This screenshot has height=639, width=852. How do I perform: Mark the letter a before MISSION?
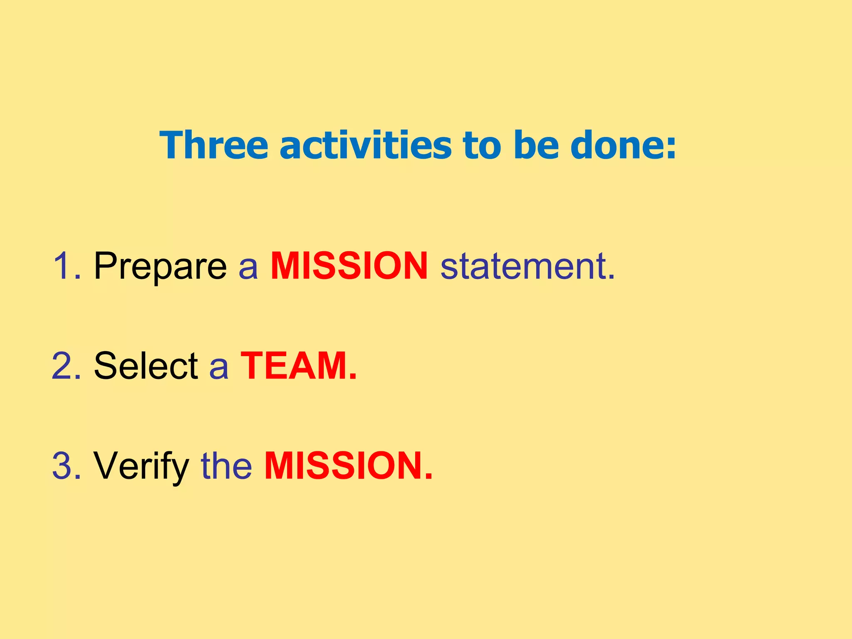[248, 268]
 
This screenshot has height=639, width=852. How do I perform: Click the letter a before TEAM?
[219, 368]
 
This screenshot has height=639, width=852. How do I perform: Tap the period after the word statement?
[611, 277]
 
